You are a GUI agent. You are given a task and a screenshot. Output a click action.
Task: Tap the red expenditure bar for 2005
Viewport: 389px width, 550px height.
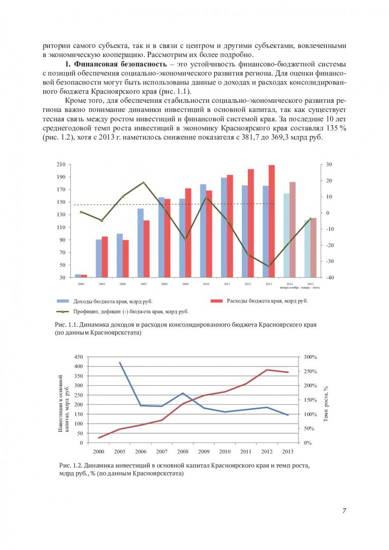tap(105, 257)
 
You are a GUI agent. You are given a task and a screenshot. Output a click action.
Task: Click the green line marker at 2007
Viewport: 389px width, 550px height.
tap(143, 182)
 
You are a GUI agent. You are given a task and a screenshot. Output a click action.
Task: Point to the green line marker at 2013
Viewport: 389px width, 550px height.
tap(269, 266)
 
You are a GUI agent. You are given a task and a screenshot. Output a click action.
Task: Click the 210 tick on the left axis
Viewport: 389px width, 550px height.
tap(62, 164)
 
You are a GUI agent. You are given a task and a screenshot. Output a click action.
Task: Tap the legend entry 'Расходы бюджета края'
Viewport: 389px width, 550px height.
tap(259, 301)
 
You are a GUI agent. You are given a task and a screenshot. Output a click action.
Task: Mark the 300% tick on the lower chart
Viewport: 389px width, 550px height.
tap(311, 357)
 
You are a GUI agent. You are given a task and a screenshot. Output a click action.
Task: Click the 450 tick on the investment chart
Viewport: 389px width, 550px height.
tap(78, 357)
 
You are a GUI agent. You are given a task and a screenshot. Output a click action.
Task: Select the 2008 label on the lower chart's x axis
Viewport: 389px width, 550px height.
tap(182, 451)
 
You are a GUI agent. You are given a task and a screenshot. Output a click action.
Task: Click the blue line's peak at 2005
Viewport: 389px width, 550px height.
tap(120, 363)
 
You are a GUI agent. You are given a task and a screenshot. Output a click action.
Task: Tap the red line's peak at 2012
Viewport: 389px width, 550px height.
tap(267, 370)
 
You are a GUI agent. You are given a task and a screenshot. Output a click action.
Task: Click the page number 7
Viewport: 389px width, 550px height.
tap(344, 511)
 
